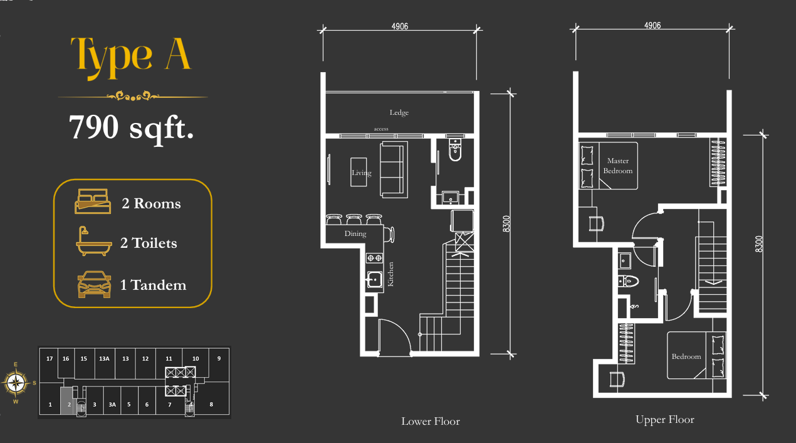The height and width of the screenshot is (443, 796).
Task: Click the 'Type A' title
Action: tap(131, 57)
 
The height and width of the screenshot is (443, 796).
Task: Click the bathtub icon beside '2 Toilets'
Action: tap(94, 241)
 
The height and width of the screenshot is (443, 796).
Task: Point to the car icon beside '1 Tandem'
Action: tap(94, 284)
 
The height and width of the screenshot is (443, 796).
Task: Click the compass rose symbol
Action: tap(16, 383)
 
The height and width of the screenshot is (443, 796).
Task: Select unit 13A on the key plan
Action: tap(104, 359)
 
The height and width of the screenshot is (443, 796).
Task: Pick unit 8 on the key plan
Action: tap(211, 404)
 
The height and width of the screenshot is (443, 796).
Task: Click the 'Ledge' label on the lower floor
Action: tap(399, 113)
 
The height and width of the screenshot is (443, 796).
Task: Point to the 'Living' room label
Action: tap(362, 173)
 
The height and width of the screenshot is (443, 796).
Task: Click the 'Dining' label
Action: tap(355, 234)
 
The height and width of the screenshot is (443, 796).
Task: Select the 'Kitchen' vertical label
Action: tap(390, 274)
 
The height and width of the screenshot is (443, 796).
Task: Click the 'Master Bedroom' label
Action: tap(618, 166)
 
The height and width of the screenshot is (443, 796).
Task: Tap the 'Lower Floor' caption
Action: tap(431, 421)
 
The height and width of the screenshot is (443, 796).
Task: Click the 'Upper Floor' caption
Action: tap(665, 420)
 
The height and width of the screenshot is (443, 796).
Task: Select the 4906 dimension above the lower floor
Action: tap(400, 26)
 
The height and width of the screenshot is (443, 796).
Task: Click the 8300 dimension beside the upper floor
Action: tap(758, 244)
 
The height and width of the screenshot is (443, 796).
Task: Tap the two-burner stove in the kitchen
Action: tap(375, 258)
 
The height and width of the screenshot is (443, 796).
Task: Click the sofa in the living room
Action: tap(394, 169)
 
